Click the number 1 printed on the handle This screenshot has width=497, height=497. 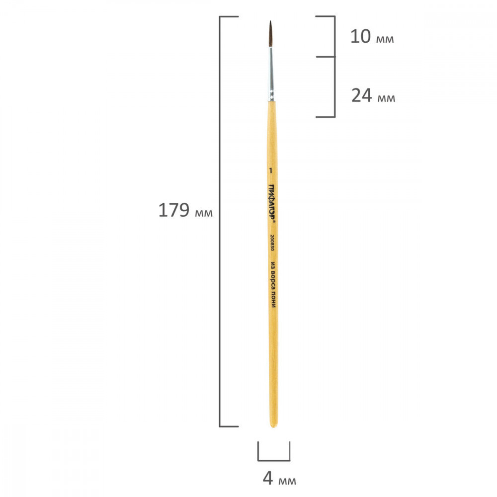270,171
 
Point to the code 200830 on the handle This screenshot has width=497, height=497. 272,243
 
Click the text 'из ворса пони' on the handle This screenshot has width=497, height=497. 273,284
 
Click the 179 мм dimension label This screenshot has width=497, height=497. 185,210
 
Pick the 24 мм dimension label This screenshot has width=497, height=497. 373,95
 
